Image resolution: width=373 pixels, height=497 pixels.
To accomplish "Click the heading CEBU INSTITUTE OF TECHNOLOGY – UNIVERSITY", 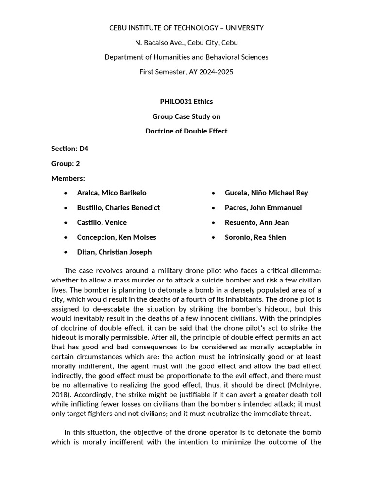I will coord(186,28).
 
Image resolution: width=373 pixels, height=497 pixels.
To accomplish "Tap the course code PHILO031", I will coord(176,101).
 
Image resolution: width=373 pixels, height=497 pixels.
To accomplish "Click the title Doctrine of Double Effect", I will coord(186,131).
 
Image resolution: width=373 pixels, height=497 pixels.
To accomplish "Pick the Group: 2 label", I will coord(66,164).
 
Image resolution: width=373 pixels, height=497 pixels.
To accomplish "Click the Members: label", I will coord(68,178).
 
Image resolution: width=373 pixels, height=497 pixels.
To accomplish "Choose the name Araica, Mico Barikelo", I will coord(112,193).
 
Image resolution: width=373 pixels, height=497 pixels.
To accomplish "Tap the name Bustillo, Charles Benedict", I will coord(119,208).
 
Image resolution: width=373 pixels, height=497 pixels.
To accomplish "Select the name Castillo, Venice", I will coord(102,222).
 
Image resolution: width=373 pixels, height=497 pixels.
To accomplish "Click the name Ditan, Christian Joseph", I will coord(114,252).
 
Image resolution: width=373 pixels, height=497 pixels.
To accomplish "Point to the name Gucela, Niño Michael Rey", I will coord(266,193).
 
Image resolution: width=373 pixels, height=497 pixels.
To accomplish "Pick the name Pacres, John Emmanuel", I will coord(263,208).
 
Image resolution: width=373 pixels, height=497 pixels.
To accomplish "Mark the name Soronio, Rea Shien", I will coord(255,237).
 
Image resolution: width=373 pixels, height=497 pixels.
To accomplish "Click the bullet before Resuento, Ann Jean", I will coord(214,223).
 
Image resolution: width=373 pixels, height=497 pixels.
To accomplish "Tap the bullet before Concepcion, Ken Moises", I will coord(66,238).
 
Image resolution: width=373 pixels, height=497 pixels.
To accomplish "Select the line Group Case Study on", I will coord(186,116).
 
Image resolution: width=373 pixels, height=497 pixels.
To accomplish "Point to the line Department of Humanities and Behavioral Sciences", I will coord(186,57).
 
